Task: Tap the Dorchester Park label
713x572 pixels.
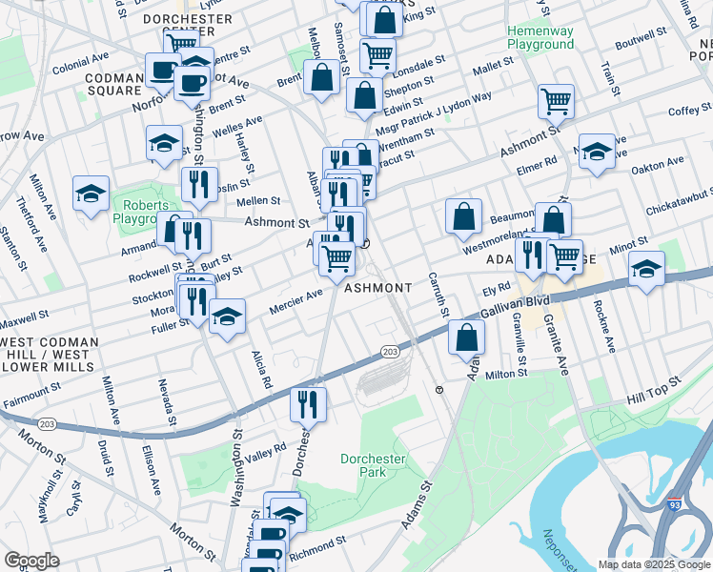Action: pos(374,466)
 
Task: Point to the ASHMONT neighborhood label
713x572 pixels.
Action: pos(377,288)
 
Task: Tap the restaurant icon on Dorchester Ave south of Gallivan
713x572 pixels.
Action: pos(309,403)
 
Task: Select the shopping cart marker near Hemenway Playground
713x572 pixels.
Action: pos(555,100)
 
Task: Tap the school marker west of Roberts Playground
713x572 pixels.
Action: pos(91,194)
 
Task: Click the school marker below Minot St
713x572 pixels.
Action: pos(645,268)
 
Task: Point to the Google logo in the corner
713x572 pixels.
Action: pos(31,561)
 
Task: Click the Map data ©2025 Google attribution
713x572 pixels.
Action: pos(654,564)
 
